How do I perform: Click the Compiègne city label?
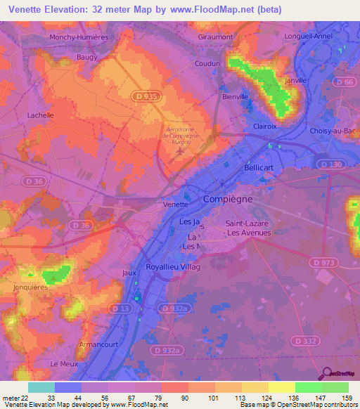tap(228, 200)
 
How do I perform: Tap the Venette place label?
tap(175, 204)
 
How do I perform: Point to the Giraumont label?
tap(215, 36)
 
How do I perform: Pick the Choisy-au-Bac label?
tap(331, 131)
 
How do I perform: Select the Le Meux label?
tap(63, 363)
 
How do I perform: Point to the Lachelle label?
tap(40, 115)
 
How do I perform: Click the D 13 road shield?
tap(119, 308)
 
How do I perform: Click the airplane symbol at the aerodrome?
tap(181, 150)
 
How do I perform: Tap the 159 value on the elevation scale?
tap(347, 398)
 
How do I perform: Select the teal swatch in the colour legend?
tap(41, 387)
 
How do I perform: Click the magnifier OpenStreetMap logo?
tap(328, 372)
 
